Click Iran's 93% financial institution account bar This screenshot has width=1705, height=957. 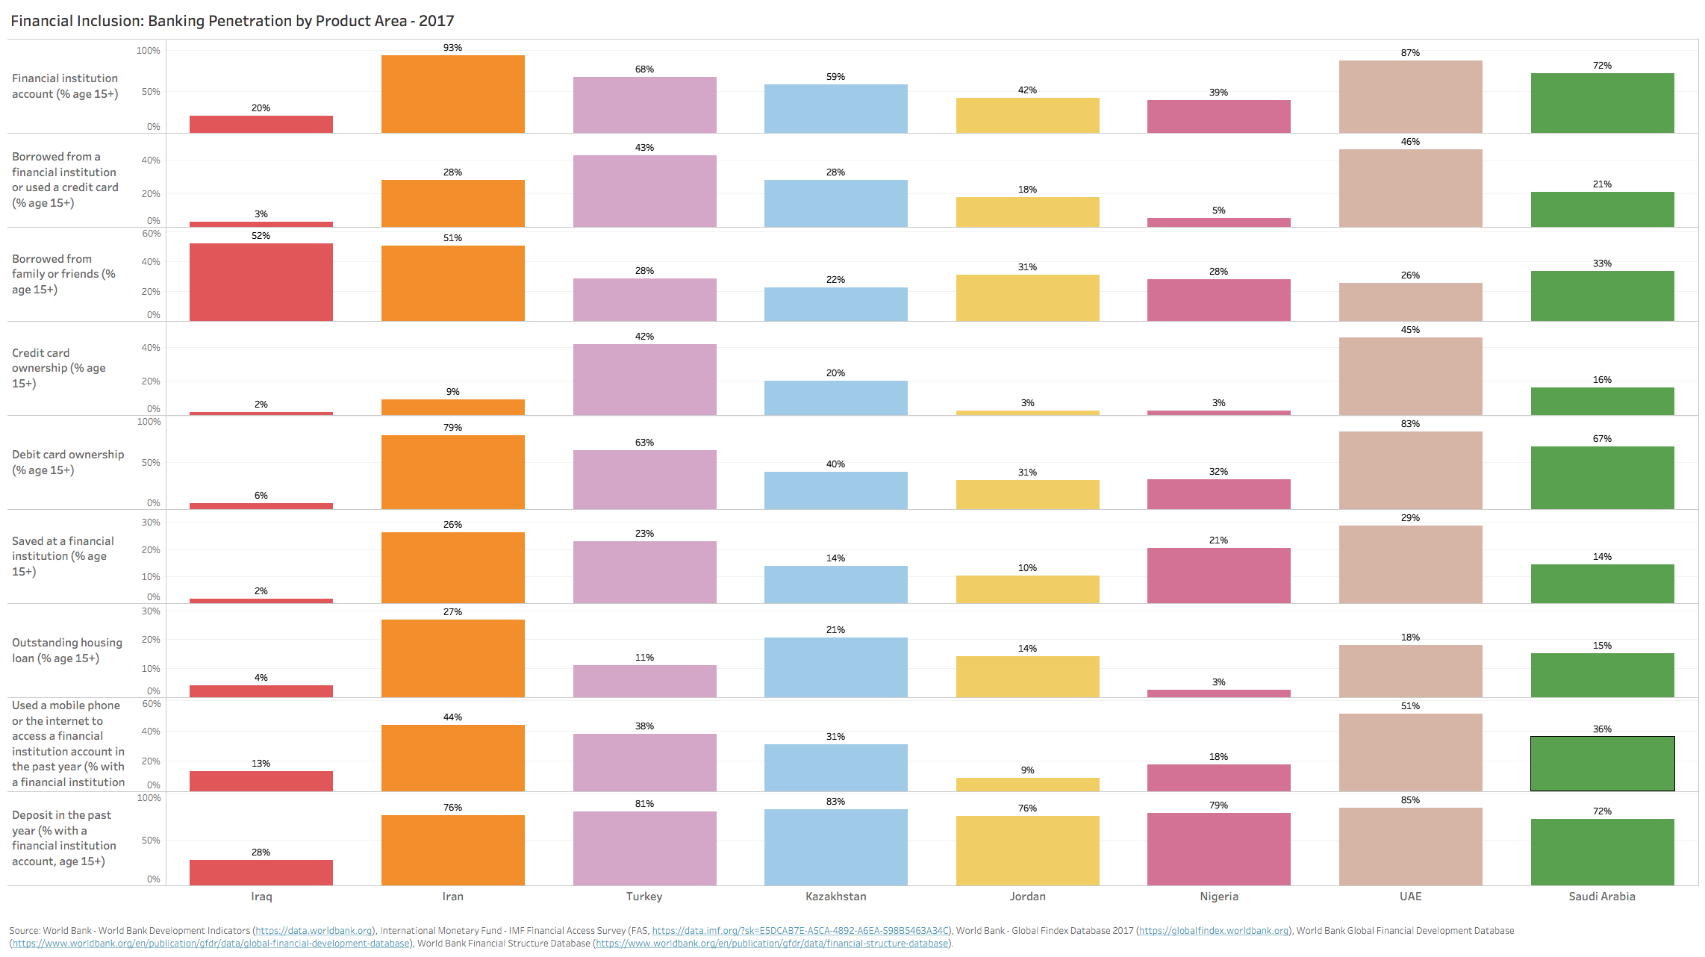(452, 94)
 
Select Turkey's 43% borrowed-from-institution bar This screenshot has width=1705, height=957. (644, 191)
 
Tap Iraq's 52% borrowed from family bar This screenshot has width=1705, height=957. (261, 282)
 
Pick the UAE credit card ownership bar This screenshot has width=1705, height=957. (1410, 376)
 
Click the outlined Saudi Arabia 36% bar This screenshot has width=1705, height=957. (1602, 764)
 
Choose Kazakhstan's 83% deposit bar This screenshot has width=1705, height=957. (835, 847)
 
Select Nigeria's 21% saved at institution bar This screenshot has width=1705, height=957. (1218, 576)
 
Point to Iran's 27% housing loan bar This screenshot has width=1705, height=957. (452, 658)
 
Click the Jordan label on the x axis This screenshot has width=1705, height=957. (1027, 897)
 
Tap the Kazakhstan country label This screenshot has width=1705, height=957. (835, 897)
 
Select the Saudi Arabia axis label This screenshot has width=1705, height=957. (1601, 897)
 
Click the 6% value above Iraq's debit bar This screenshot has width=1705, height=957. (261, 496)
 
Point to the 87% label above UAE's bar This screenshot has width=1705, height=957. (1410, 53)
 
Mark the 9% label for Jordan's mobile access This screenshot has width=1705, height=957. (1027, 770)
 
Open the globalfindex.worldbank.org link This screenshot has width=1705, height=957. (1214, 931)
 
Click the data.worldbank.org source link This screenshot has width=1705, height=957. (314, 931)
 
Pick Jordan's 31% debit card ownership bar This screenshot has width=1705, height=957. (1027, 494)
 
